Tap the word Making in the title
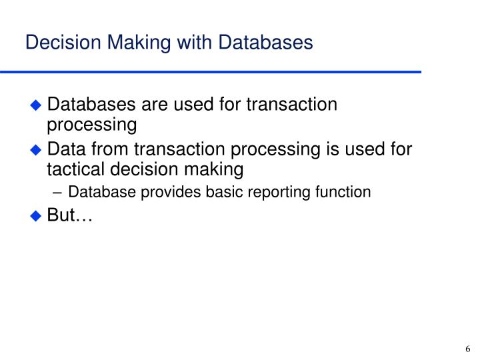121,43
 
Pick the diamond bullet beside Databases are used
37,105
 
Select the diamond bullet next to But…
37,216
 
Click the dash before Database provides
59,193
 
